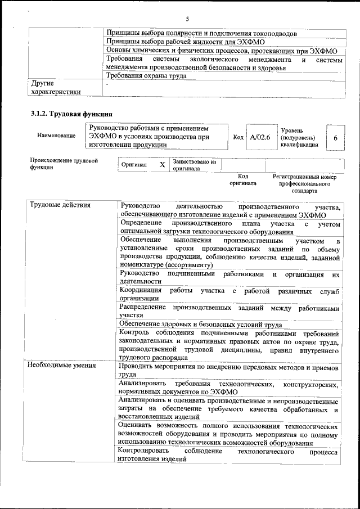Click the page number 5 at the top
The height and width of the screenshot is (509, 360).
(187, 19)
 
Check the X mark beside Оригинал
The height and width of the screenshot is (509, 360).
(162, 165)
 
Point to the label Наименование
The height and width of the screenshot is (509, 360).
(56, 136)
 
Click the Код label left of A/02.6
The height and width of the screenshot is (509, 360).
(238, 137)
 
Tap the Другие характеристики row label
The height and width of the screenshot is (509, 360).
(56, 88)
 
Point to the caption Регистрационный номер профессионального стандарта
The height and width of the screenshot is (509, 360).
(304, 183)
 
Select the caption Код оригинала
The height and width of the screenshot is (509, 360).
(243, 179)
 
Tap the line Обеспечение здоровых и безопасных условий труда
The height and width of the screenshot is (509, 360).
(201, 325)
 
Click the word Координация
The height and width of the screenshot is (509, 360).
(141, 290)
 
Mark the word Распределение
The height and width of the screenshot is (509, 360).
(143, 308)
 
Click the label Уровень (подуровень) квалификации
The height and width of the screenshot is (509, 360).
(299, 137)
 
